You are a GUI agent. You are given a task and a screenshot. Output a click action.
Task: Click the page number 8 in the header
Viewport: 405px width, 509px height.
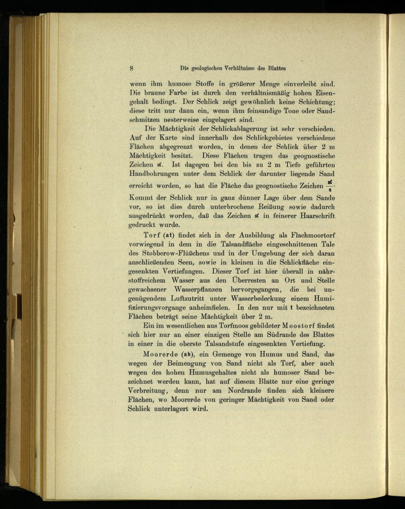pos(132,68)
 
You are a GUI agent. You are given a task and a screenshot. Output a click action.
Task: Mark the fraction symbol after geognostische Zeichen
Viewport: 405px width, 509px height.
pos(330,187)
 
